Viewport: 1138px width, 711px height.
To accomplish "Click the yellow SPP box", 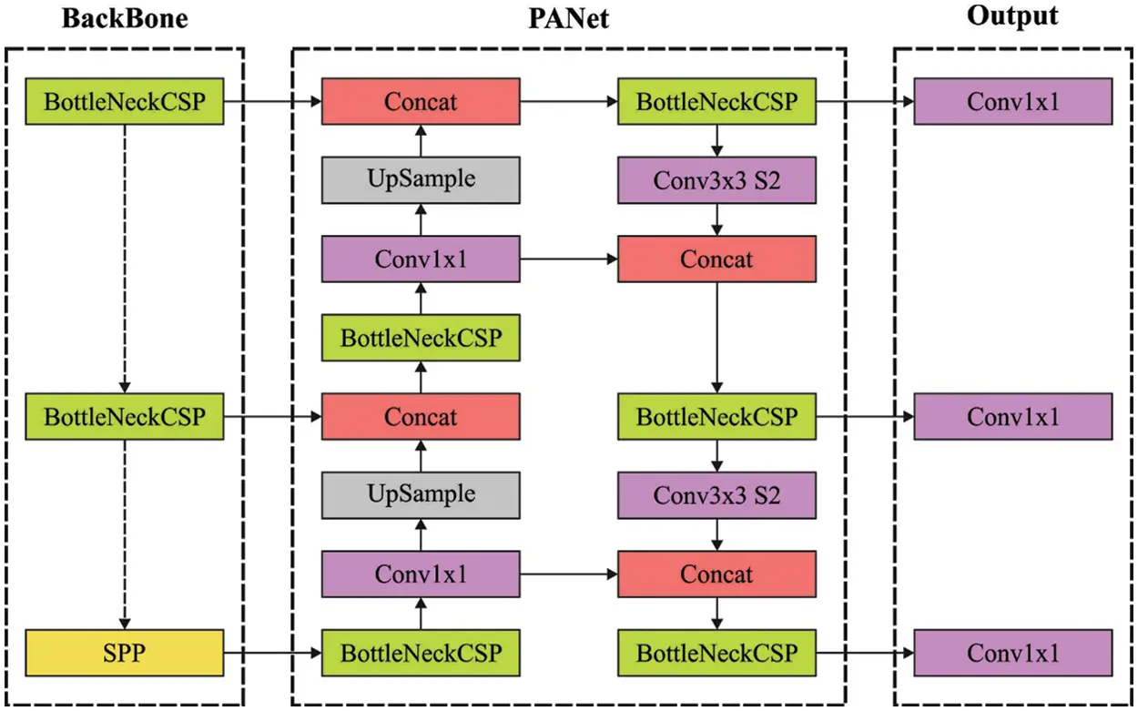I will point(125,653).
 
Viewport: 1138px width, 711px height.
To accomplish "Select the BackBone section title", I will point(125,18).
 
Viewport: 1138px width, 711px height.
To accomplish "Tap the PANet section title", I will point(568,18).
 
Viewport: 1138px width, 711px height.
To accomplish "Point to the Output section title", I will point(1012,16).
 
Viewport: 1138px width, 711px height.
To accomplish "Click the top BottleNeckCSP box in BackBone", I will point(125,101).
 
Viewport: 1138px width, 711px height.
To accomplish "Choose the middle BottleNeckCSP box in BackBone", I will point(125,417).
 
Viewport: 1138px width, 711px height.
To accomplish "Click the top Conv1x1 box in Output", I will point(1012,101).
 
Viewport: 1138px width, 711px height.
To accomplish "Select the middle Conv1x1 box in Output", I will point(1012,417).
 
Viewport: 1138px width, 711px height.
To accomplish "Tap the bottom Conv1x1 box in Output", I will point(1012,653).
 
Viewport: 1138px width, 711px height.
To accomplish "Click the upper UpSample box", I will point(421,179).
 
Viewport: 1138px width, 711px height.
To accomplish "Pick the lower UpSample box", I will point(421,495).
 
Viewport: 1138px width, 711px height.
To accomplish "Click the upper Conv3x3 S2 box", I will point(716,179).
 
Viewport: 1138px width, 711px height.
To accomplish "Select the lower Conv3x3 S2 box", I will point(716,495).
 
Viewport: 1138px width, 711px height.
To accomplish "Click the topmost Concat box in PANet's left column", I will point(421,101).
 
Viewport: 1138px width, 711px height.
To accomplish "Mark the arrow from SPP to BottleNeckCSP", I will point(272,653).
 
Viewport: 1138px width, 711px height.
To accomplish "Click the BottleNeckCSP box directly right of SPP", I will point(421,653).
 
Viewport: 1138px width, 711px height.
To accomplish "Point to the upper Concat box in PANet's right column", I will point(716,259).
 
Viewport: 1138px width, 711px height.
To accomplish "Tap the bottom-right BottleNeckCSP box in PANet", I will point(716,653).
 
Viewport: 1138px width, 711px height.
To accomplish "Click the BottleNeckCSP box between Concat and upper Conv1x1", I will point(421,338).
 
